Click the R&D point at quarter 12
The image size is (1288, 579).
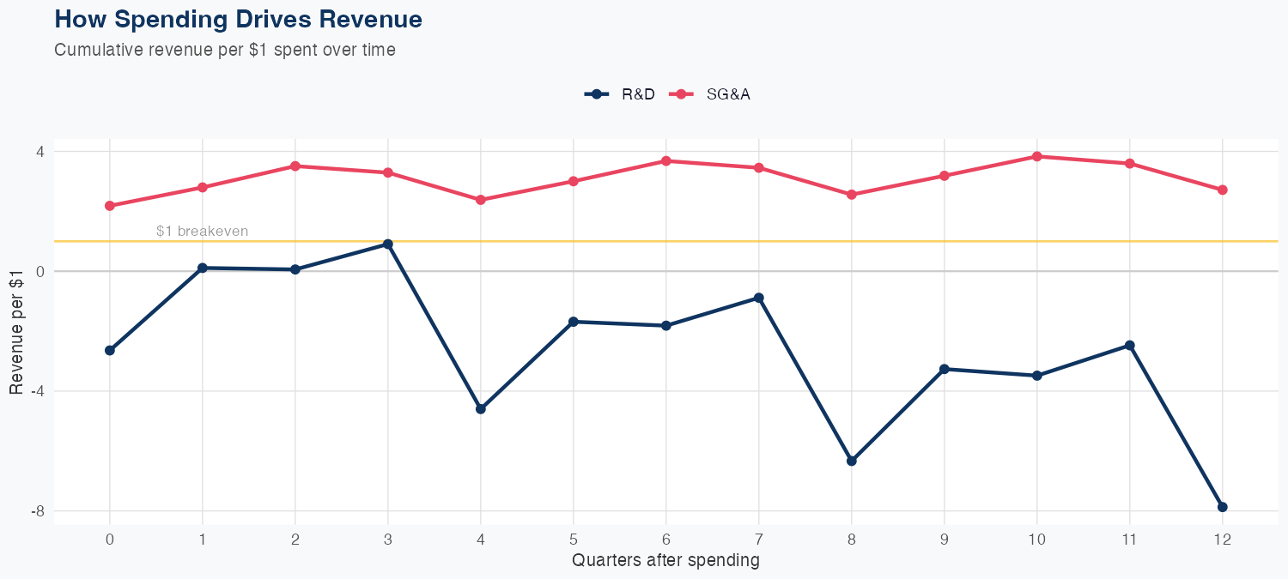[1222, 507]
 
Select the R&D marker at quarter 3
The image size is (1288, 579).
[388, 244]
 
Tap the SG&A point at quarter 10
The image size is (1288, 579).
[1036, 156]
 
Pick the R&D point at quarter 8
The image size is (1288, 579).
[852, 461]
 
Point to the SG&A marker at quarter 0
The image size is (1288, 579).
[110, 206]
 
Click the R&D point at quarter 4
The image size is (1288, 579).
[481, 409]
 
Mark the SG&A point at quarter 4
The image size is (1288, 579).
[481, 200]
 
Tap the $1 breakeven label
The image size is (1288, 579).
[203, 232]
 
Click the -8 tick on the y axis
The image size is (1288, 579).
[38, 511]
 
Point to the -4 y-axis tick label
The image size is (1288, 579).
[38, 391]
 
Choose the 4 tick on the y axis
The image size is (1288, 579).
[40, 152]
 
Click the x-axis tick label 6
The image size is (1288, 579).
[666, 540]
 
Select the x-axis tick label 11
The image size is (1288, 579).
[1129, 540]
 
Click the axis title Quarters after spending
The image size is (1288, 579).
[665, 561]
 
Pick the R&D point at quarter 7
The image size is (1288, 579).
[759, 299]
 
